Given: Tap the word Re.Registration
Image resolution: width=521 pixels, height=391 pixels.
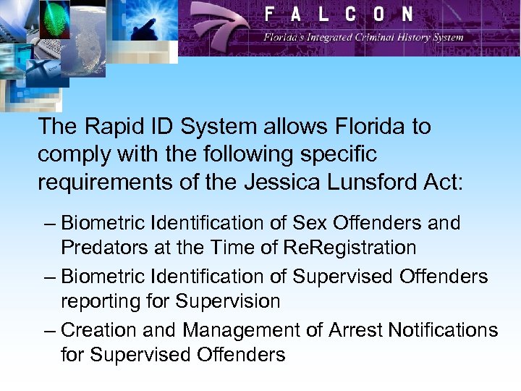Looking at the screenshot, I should [x=350, y=248].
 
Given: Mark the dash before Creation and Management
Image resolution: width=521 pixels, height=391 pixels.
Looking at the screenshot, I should [x=48, y=330].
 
